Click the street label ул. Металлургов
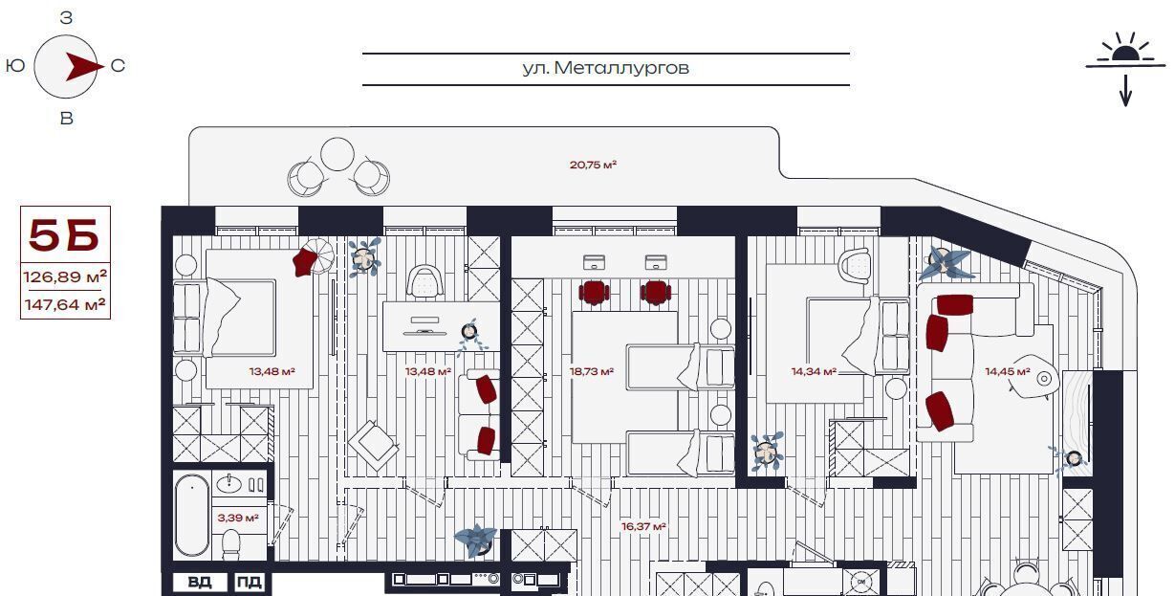click(x=605, y=68)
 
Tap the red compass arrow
click(x=84, y=66)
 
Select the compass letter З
click(x=66, y=18)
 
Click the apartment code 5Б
click(x=64, y=234)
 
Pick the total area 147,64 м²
click(x=65, y=304)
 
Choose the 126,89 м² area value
click(x=65, y=276)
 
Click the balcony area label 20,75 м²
click(x=593, y=165)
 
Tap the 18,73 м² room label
click(x=592, y=371)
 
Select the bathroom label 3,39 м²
click(x=238, y=518)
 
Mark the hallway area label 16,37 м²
click(x=643, y=525)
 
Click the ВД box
click(x=201, y=582)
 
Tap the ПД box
click(x=250, y=582)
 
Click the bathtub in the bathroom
click(x=192, y=515)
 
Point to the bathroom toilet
click(x=230, y=544)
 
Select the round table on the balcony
click(x=337, y=154)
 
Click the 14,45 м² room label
click(x=1007, y=371)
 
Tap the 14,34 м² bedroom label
click(x=814, y=371)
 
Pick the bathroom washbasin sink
click(x=229, y=483)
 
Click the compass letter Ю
click(x=15, y=66)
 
